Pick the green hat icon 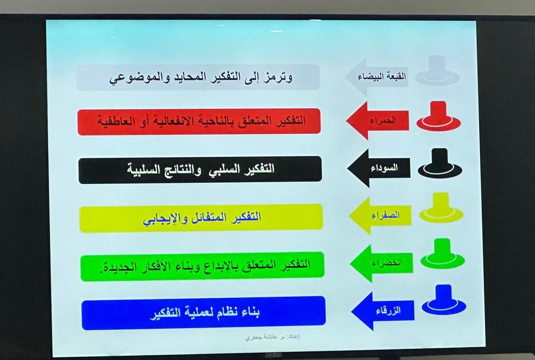pyautogui.click(x=443, y=254)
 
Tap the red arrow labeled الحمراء pyautogui.click(x=377, y=121)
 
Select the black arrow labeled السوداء pyautogui.click(x=379, y=168)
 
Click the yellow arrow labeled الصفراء pyautogui.click(x=380, y=216)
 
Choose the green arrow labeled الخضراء pyautogui.click(x=381, y=263)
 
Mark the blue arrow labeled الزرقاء pyautogui.click(x=383, y=311)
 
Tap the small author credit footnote pyautogui.click(x=272, y=337)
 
